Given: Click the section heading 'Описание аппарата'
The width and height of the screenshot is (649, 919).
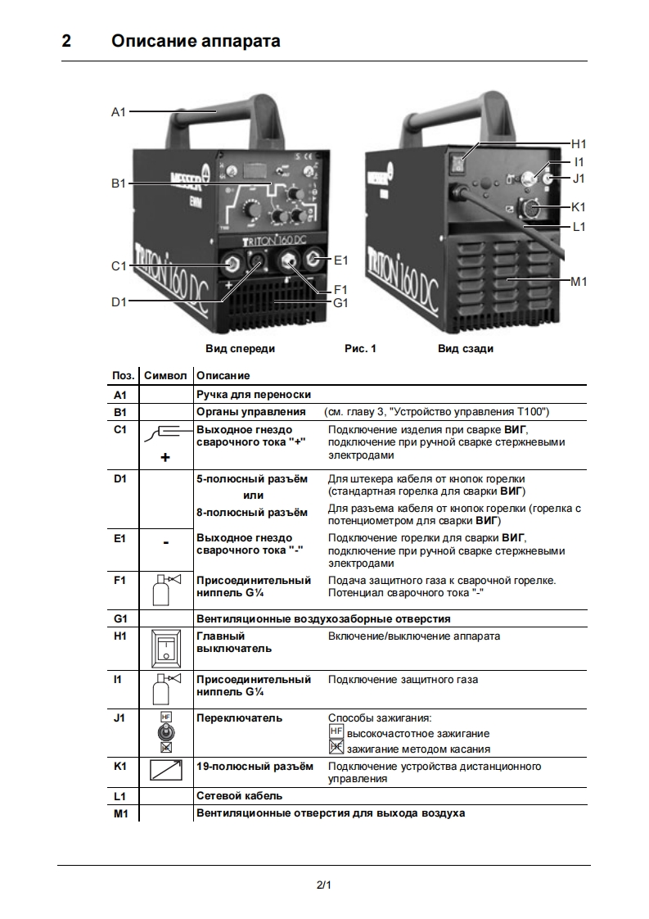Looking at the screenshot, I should tap(196, 41).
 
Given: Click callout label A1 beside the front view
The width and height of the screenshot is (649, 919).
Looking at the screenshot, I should tap(119, 112).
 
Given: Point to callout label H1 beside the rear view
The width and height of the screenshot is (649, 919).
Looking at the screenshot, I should tap(579, 143).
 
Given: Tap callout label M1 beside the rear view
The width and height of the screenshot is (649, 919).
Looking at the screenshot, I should tap(579, 281).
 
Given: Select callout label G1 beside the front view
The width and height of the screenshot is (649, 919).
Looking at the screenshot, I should tap(341, 302).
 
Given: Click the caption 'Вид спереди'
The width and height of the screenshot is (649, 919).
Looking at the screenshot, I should tap(240, 348).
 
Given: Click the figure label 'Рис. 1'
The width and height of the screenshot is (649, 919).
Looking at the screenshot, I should tap(360, 348).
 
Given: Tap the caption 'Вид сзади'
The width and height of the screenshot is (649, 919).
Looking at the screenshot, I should tap(466, 348).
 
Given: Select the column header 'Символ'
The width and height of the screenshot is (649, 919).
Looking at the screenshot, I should tap(166, 375).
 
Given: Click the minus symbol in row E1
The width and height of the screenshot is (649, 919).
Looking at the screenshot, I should tap(166, 542).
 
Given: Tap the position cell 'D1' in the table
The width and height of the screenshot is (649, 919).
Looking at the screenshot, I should tap(120, 478).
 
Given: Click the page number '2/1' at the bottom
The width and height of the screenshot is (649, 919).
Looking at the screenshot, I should tap(324, 885).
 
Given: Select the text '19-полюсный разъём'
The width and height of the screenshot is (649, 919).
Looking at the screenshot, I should tap(255, 767).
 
